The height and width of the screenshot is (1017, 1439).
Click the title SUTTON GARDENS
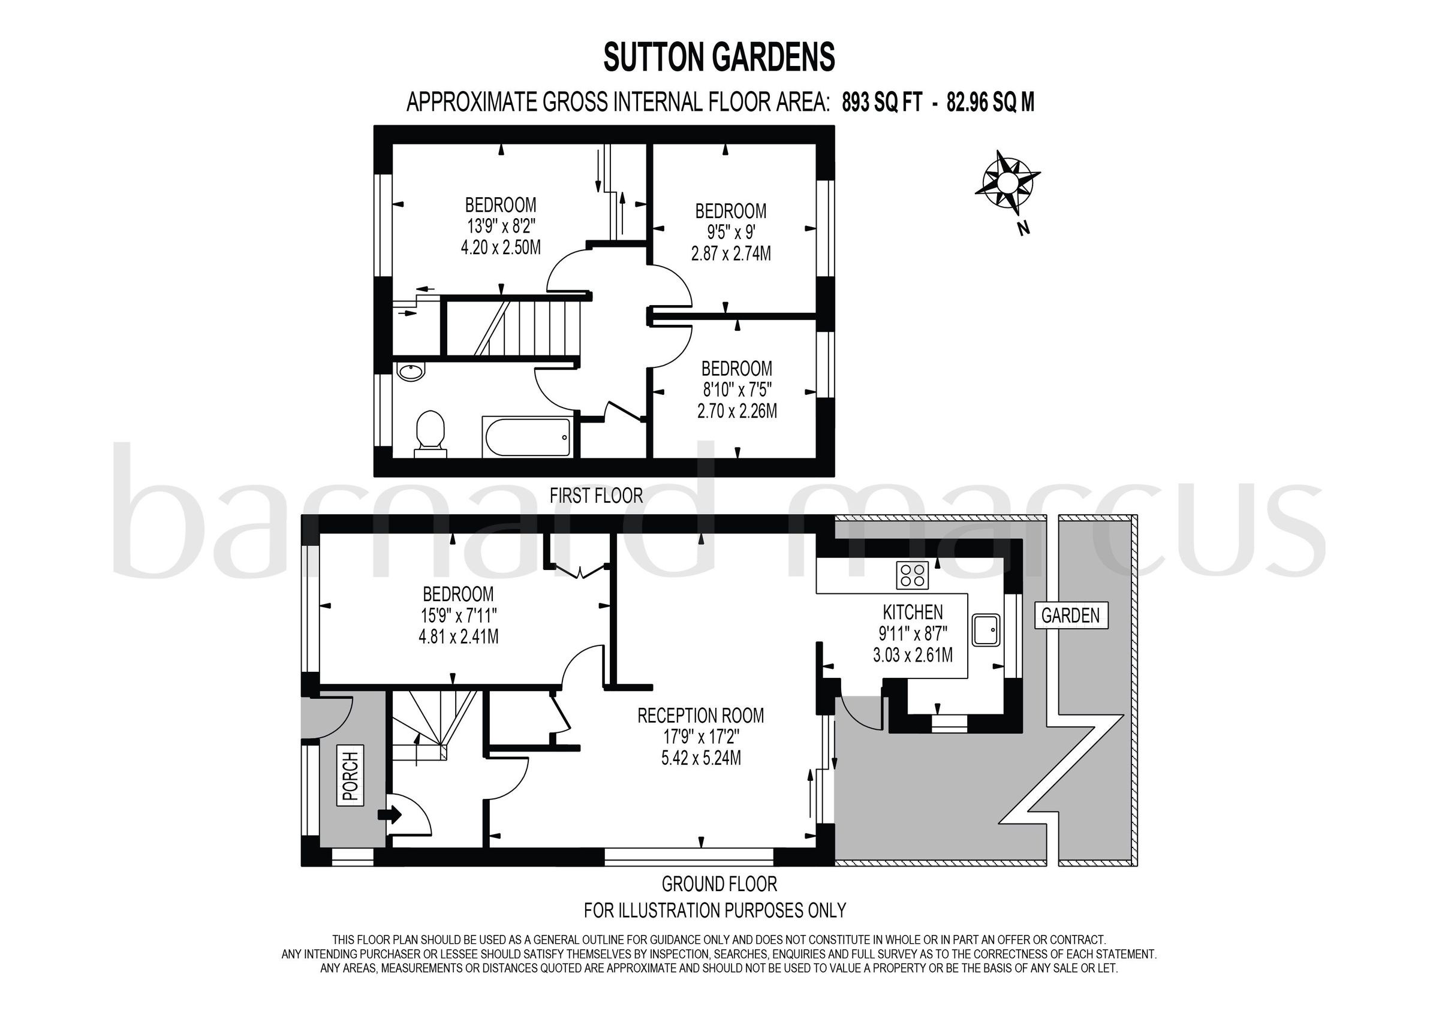tap(719, 58)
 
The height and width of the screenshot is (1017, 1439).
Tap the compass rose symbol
tap(1007, 182)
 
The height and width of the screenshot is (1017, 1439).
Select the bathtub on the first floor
tap(526, 437)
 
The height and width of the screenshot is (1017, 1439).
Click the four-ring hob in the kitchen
tap(913, 575)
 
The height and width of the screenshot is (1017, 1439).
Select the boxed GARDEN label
tap(1070, 615)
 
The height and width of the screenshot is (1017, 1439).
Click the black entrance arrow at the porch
tap(389, 814)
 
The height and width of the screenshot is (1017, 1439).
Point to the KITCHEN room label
tap(913, 612)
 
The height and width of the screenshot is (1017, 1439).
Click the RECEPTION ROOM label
tap(701, 715)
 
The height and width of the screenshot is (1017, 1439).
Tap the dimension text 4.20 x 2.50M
tap(501, 248)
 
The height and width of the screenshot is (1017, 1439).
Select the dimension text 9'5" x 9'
tap(731, 233)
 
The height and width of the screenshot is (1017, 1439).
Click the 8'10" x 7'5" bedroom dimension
tap(737, 390)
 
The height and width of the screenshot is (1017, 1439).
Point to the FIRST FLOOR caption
tap(596, 496)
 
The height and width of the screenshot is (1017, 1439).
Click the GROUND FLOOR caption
tap(719, 884)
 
